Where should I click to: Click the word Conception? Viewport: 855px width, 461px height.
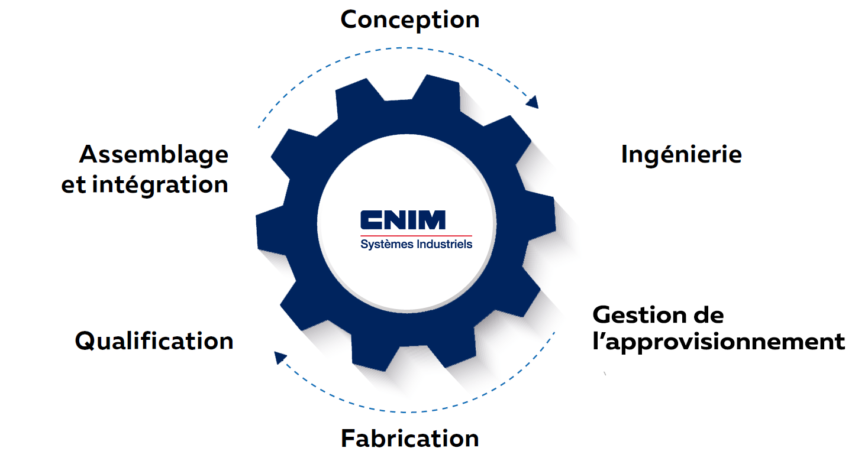coord(409,20)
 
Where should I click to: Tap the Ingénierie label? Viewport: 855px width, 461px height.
coord(681,155)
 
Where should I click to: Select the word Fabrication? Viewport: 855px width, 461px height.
coord(409,439)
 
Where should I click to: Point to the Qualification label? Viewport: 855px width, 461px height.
coord(154,341)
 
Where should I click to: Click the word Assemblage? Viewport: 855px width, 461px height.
coord(154,155)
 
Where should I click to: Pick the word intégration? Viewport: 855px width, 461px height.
coord(160,184)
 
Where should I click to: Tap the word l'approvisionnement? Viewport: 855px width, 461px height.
coord(718,342)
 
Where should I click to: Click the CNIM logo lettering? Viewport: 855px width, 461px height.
coord(402,220)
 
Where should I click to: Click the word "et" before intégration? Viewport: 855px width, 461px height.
coord(74,185)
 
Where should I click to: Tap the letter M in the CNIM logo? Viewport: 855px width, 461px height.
coord(433,220)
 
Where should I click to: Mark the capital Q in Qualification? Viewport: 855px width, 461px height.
coord(86,342)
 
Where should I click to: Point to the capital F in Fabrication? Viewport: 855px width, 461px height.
coord(348,439)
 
